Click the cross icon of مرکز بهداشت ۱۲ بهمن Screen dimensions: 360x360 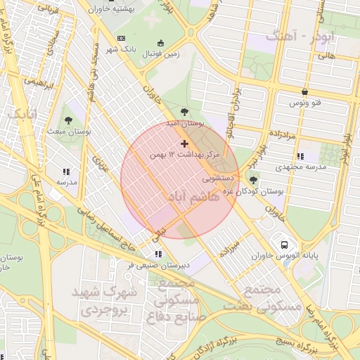pos(185,143)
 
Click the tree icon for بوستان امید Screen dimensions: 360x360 pos(184,112)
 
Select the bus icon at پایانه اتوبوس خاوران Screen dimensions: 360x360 pos(284,245)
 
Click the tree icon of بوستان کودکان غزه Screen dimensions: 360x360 pos(253,180)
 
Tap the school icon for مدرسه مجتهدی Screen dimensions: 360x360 pos(300,157)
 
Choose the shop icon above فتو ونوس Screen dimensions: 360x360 pos(304,92)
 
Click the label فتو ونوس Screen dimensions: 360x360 pos(307,103)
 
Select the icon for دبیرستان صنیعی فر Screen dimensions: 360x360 pos(157,253)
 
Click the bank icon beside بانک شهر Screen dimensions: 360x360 pos(121,37)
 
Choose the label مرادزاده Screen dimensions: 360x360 pos(284,132)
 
